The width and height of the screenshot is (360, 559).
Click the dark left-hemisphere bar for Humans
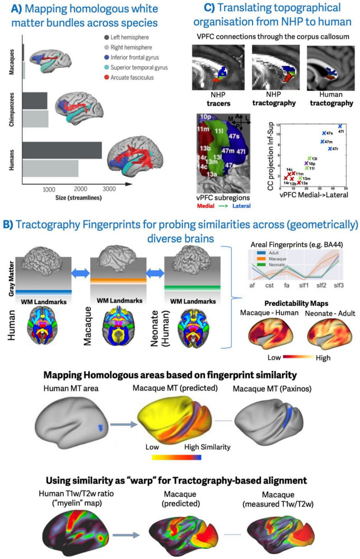click(62, 151)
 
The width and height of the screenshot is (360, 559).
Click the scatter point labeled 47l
click(339, 127)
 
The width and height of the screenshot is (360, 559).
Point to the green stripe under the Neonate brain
click(185, 288)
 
